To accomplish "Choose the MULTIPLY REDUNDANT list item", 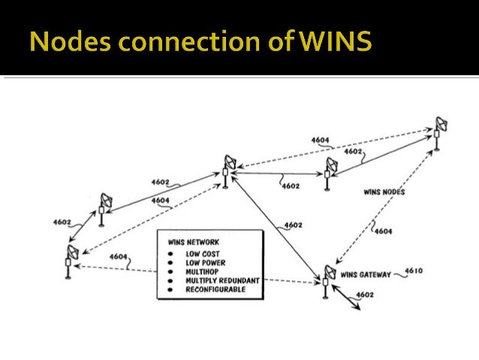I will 223,280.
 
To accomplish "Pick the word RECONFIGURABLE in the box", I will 215,289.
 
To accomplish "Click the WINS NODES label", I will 384,192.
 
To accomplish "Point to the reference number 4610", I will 414,271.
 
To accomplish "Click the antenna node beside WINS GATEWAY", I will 327,278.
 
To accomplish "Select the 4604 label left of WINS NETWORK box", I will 119,257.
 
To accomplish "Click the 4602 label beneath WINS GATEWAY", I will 366,295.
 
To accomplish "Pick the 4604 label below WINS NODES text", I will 383,231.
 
